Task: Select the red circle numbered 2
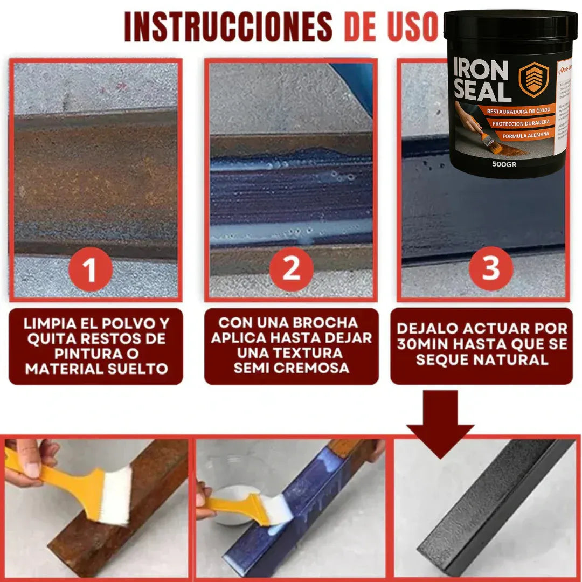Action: pyautogui.click(x=291, y=268)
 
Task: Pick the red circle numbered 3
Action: pyautogui.click(x=491, y=268)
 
